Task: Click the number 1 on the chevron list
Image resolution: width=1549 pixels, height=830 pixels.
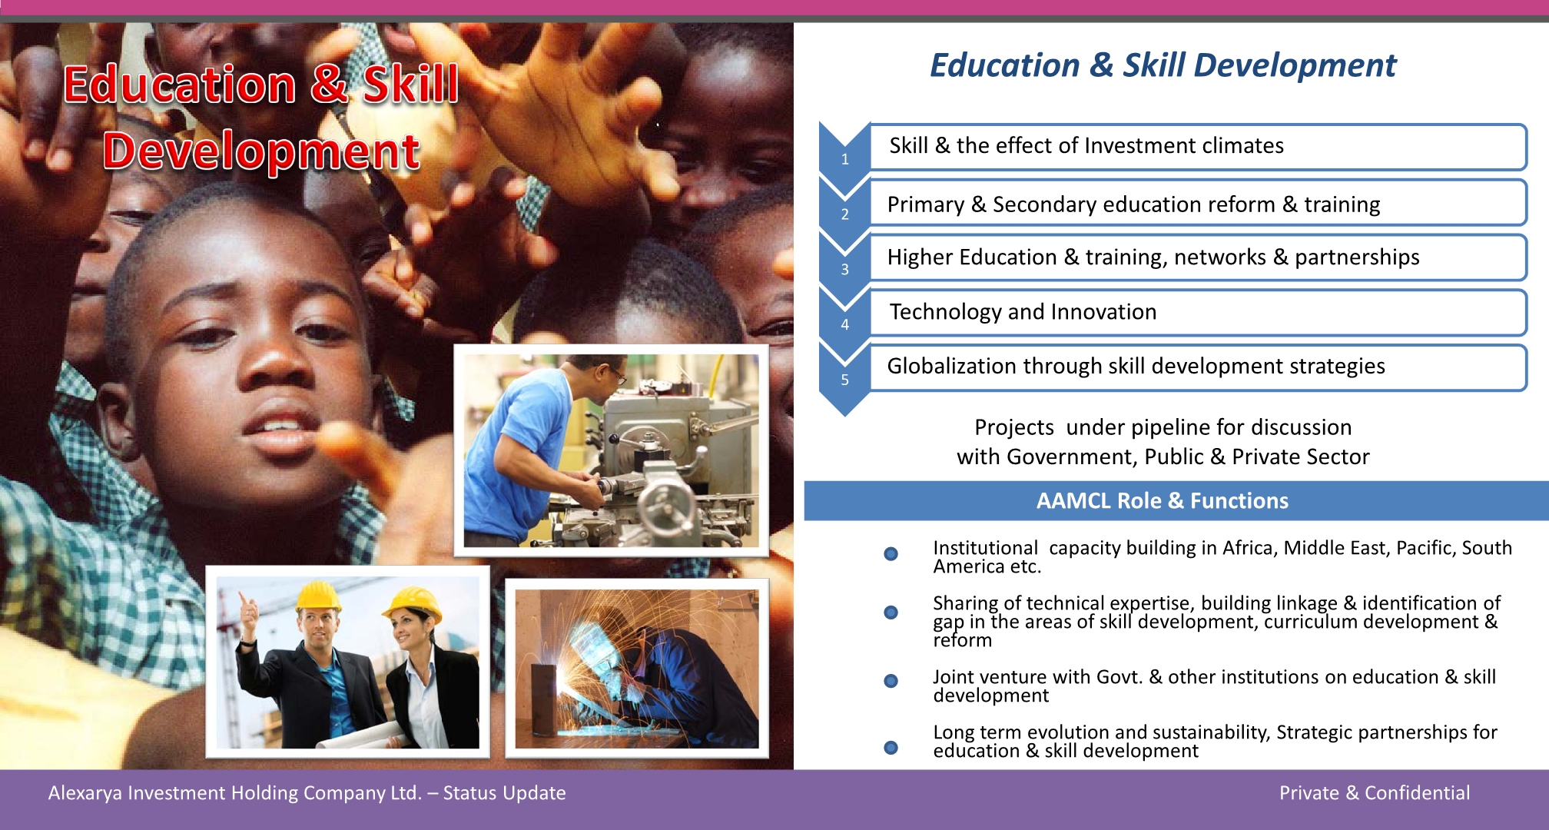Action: pyautogui.click(x=844, y=159)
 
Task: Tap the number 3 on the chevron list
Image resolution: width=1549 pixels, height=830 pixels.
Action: pyautogui.click(x=844, y=270)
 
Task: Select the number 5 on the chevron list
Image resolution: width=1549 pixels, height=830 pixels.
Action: pyautogui.click(x=844, y=380)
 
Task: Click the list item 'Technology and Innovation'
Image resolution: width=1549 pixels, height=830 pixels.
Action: pyautogui.click(x=1023, y=312)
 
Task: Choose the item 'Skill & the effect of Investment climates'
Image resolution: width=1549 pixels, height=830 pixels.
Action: pyautogui.click(x=1086, y=146)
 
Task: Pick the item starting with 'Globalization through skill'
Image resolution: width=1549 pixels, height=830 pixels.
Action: pyautogui.click(x=1136, y=367)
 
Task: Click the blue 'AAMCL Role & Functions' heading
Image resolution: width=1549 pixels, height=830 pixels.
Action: pyautogui.click(x=1162, y=501)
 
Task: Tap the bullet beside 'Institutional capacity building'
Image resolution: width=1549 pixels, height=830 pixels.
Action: pyautogui.click(x=891, y=554)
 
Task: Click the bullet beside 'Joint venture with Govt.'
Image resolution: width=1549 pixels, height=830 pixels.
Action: pyautogui.click(x=891, y=681)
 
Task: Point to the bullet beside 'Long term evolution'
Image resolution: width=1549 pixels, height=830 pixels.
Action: pyautogui.click(x=891, y=748)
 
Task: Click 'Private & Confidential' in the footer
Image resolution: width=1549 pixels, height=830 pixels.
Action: pyautogui.click(x=1375, y=793)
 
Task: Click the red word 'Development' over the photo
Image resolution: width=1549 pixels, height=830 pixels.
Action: pyautogui.click(x=261, y=151)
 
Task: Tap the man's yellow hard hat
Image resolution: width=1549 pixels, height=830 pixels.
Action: pyautogui.click(x=318, y=596)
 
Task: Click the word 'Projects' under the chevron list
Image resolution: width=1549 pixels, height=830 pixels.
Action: pyautogui.click(x=1014, y=428)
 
